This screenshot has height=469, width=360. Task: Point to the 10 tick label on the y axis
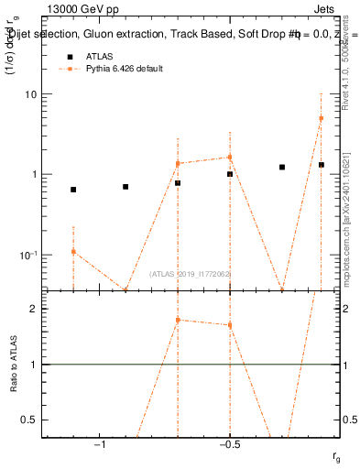30,94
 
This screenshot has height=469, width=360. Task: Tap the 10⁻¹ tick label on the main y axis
28,255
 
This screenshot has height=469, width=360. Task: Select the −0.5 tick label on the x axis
229,446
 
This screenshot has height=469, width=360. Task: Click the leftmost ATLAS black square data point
73,190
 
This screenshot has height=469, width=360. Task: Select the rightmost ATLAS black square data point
322,165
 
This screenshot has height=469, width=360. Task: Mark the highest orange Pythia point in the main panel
321,118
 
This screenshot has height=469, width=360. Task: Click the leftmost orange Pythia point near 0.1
73,251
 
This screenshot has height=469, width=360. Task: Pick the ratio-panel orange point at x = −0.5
230,325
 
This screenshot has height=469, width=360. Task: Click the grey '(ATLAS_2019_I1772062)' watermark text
190,274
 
